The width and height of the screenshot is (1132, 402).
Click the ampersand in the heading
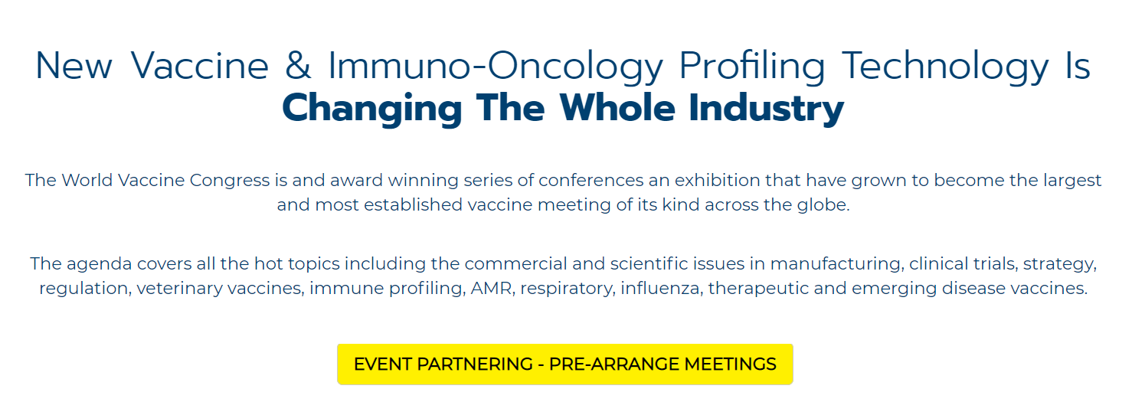(298, 66)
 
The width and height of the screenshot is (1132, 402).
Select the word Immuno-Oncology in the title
(496, 67)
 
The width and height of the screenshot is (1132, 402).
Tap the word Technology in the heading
(945, 67)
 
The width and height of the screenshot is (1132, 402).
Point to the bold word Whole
(617, 107)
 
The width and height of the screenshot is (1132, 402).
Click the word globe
(824, 204)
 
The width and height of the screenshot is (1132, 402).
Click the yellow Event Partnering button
(565, 364)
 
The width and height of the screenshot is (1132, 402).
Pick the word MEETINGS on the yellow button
(730, 364)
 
